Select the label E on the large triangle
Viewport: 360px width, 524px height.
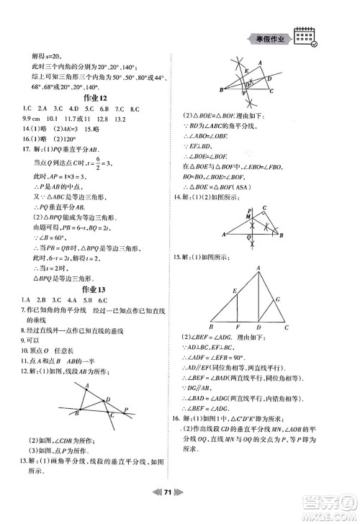tap(235, 291)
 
